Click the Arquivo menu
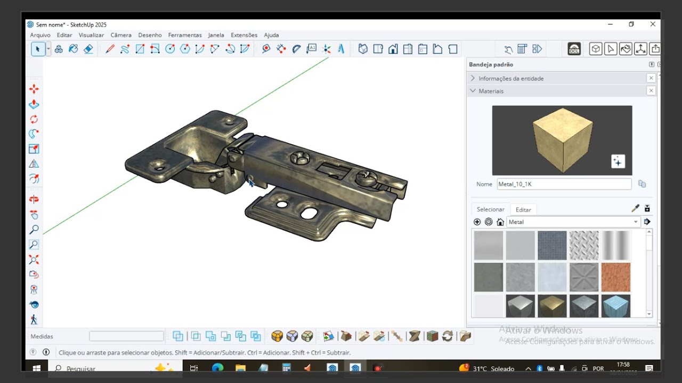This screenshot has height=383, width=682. tap(40, 35)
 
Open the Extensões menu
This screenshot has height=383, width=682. tap(244, 35)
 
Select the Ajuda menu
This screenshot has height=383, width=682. tap(271, 35)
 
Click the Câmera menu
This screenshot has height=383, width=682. tap(121, 35)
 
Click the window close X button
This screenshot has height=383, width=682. tap(653, 24)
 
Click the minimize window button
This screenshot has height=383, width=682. tap(610, 24)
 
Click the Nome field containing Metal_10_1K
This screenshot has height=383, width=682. tap(564, 184)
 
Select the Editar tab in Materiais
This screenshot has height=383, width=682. tap(523, 210)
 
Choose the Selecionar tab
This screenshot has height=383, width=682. tap(490, 210)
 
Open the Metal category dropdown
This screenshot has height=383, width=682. tap(573, 222)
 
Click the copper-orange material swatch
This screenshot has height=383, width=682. tap(615, 277)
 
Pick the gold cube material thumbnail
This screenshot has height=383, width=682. tap(552, 306)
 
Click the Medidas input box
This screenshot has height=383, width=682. tap(126, 336)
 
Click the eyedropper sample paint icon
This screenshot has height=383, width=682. tap(635, 209)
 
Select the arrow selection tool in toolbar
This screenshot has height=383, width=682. tap(37, 49)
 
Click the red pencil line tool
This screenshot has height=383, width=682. tap(110, 49)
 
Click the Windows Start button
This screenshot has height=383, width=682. tap(37, 368)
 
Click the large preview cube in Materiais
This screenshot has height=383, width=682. tap(562, 139)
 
